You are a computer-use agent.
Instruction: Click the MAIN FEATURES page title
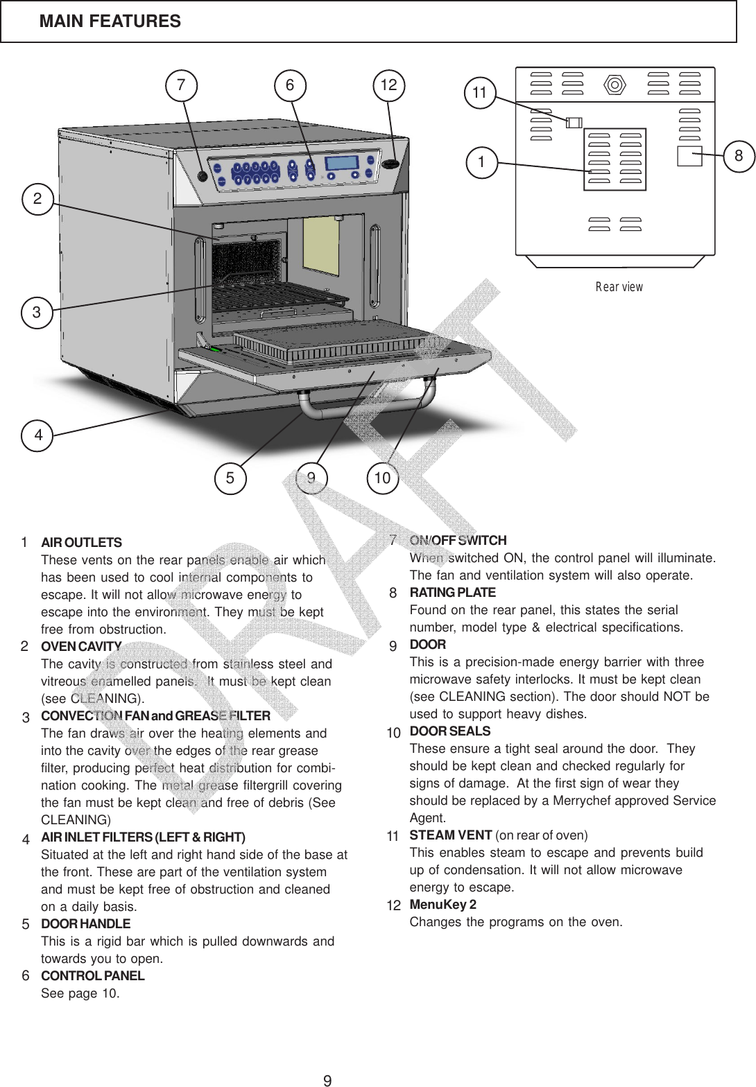(110, 21)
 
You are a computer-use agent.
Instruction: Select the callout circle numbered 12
(388, 85)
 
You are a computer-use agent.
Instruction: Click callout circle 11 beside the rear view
(479, 92)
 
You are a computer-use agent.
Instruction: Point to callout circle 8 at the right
(739, 156)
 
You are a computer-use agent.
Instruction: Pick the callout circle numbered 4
(38, 435)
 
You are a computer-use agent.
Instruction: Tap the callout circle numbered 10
(382, 478)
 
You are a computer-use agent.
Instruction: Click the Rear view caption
(619, 286)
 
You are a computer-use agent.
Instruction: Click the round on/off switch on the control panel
(203, 176)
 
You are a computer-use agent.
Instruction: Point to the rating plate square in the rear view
(689, 156)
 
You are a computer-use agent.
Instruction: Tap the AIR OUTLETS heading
(81, 542)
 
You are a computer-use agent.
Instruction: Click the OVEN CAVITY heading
(81, 647)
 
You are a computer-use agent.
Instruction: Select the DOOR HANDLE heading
(85, 924)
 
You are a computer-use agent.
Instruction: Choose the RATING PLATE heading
(452, 593)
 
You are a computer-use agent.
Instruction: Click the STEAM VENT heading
(451, 834)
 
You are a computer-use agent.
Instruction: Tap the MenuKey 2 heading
(443, 905)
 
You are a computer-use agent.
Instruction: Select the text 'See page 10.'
(80, 993)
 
